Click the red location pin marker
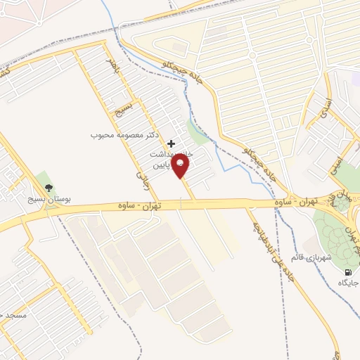pos(181,167)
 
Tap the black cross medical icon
pos(171,143)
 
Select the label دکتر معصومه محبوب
pos(124,133)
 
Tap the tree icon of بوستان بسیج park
pos(49,188)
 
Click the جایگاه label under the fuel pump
pos(347,283)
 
